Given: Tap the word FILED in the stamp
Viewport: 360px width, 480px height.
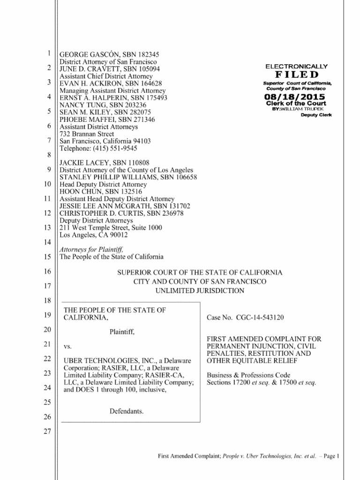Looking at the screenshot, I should pos(297,75).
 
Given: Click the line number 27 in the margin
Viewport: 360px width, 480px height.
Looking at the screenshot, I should pos(46,432).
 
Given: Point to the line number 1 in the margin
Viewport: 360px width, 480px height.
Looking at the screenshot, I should pos(49,54).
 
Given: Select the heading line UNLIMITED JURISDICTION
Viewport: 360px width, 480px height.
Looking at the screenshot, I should pos(200,291).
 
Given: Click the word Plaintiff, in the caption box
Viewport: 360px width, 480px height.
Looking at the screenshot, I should pos(122,332).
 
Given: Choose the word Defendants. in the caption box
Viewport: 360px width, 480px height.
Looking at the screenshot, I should pos(126,411).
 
